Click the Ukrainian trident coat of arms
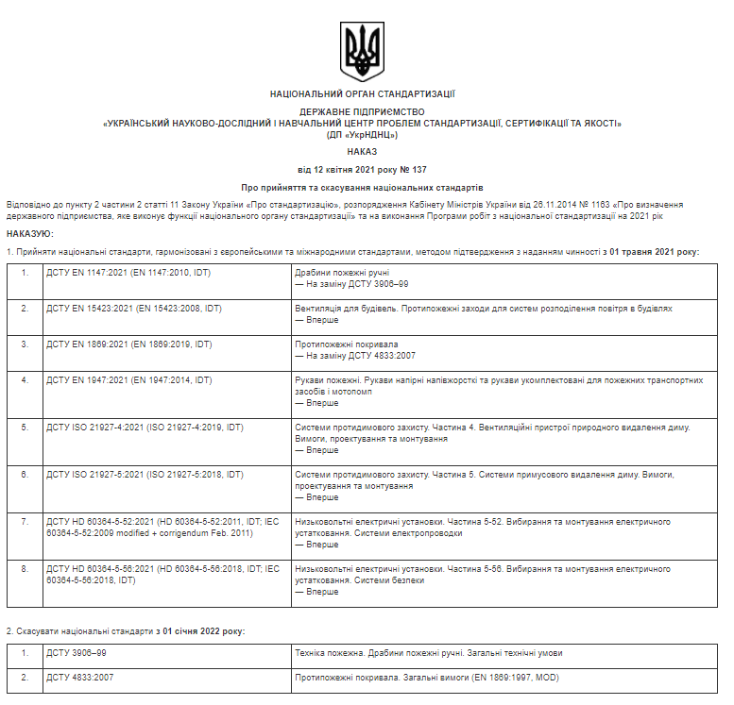coord(362,51)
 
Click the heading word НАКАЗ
coord(361,151)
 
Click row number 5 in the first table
coord(25,428)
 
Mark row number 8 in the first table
coord(25,569)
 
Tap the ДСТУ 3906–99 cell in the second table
coord(77,653)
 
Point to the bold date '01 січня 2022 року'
coord(202,629)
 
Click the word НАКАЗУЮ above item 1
coord(30,233)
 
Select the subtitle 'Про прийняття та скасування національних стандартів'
coord(362,188)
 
